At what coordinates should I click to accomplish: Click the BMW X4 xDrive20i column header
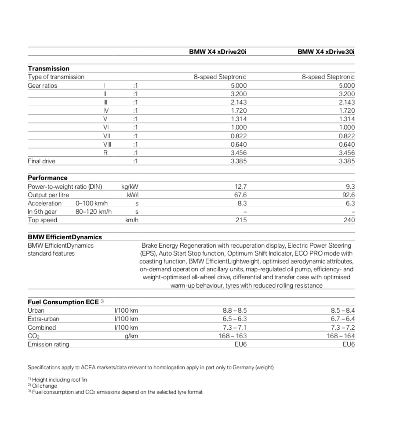pyautogui.click(x=218, y=52)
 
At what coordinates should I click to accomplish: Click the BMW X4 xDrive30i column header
pyautogui.click(x=326, y=52)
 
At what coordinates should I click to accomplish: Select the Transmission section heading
pyautogui.click(x=48, y=69)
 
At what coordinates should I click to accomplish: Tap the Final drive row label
pyautogui.click(x=42, y=161)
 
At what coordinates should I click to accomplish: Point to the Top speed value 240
pyautogui.click(x=349, y=220)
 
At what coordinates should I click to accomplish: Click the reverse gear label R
pyautogui.click(x=105, y=153)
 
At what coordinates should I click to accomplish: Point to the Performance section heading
pyautogui.click(x=47, y=178)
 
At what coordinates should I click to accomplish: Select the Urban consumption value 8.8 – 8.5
pyautogui.click(x=235, y=310)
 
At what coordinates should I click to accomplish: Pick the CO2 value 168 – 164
pyautogui.click(x=341, y=336)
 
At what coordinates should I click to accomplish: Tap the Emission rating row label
pyautogui.click(x=48, y=344)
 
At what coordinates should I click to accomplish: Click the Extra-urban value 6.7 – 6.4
pyautogui.click(x=342, y=319)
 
